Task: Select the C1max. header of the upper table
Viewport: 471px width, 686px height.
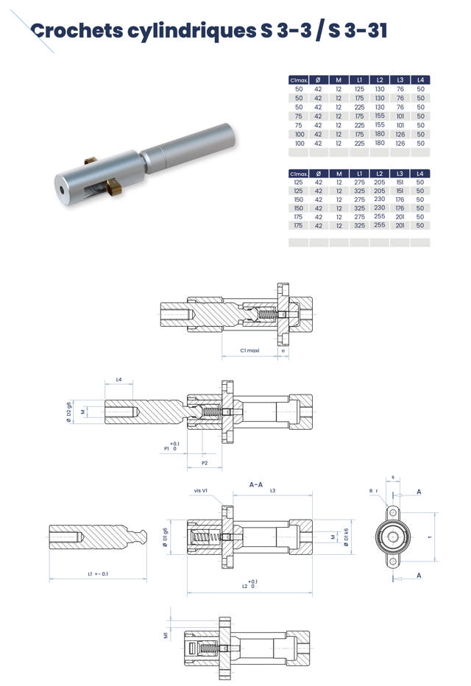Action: [x=298, y=79]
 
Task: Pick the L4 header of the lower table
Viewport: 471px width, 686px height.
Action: [x=420, y=174]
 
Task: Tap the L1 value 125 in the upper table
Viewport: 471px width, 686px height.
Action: [x=359, y=89]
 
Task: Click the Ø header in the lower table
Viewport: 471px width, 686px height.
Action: [x=319, y=174]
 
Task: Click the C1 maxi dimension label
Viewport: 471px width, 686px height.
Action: [x=250, y=351]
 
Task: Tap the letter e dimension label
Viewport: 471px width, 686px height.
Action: [x=284, y=351]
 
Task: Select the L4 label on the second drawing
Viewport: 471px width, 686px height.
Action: [x=118, y=381]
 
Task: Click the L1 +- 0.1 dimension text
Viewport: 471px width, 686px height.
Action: [x=98, y=573]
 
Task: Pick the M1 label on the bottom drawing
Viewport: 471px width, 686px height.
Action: [x=166, y=634]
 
